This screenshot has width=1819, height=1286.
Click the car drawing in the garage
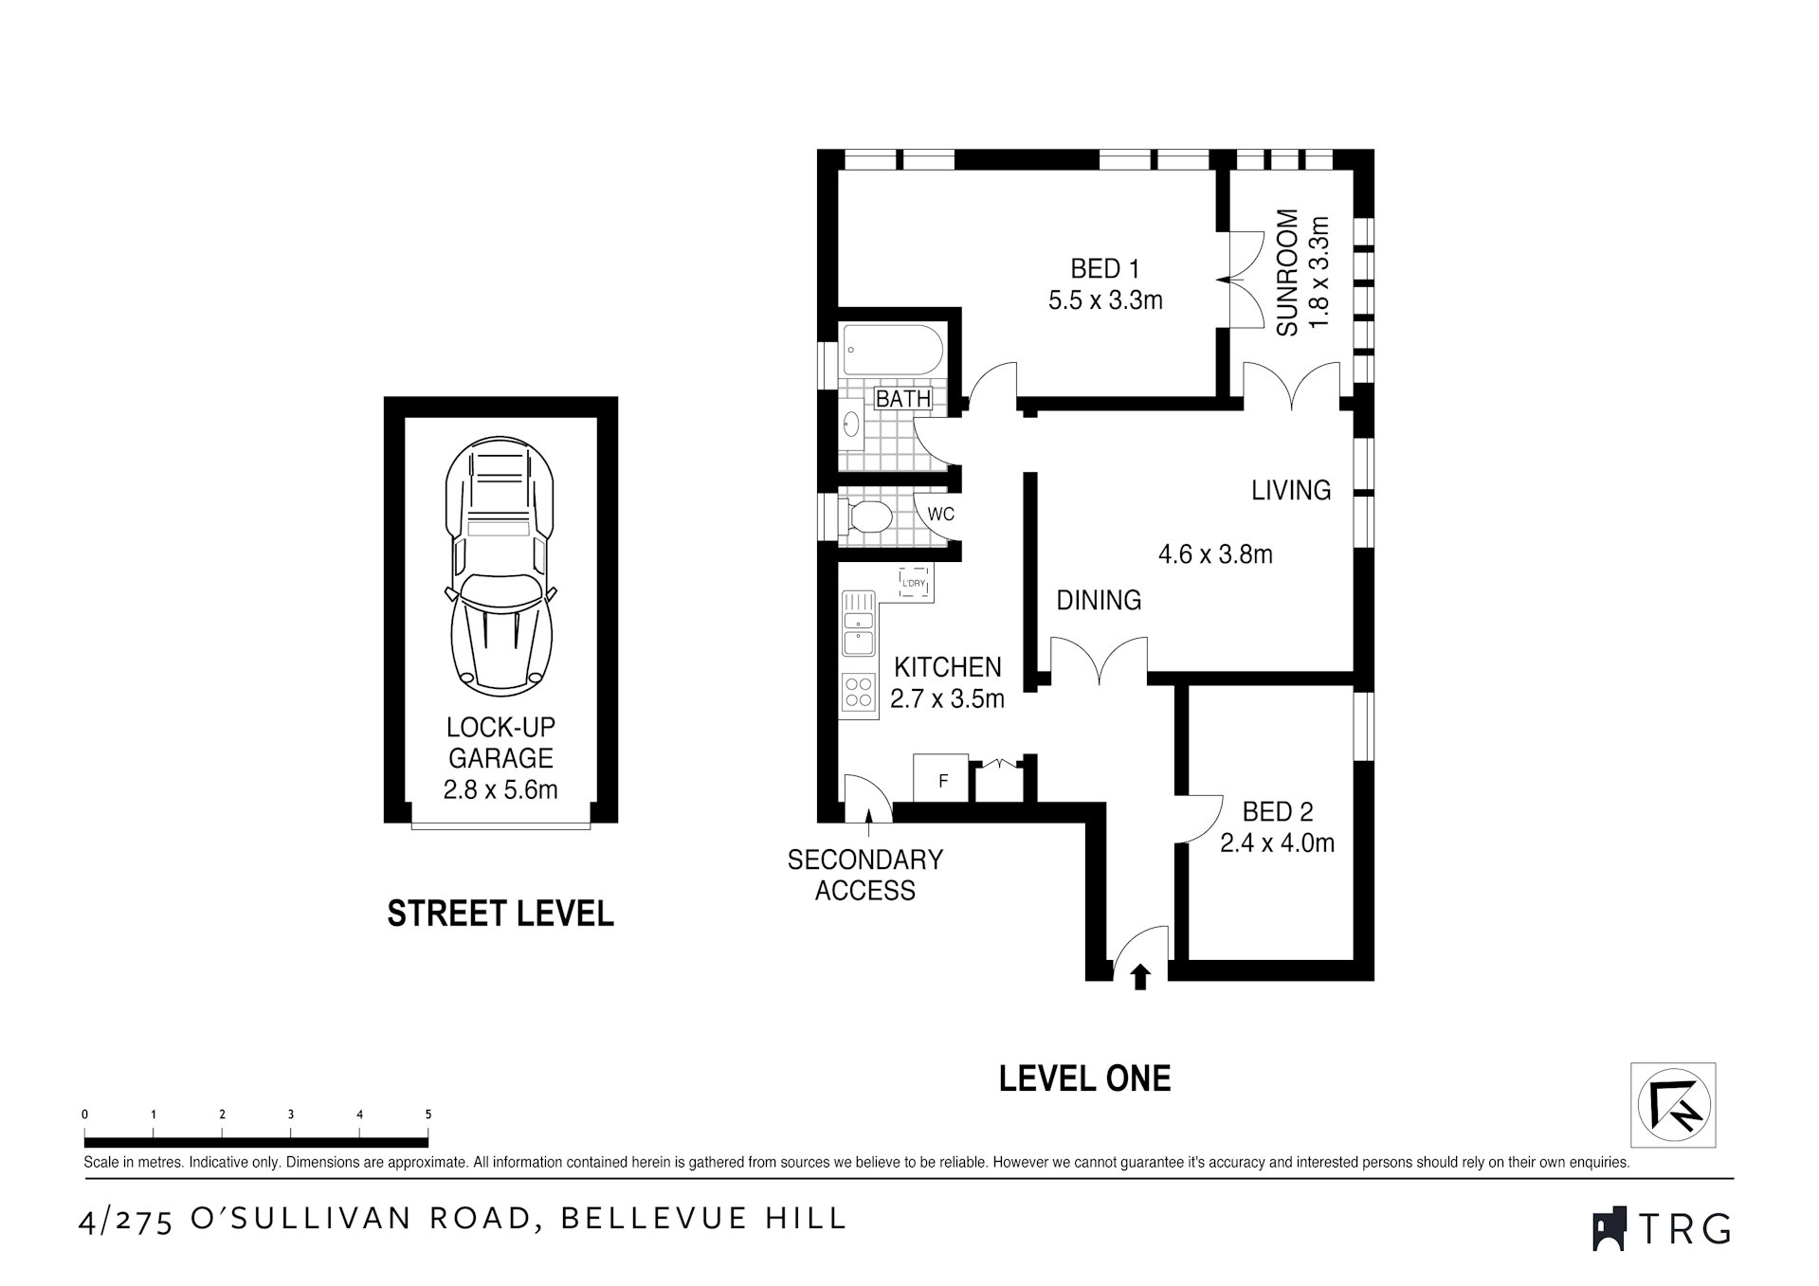500,563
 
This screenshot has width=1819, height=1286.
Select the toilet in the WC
868,517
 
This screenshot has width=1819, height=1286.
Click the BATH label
902,399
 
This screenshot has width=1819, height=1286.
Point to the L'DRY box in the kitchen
913,582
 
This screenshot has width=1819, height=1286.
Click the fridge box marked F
941,780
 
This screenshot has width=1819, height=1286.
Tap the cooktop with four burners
859,692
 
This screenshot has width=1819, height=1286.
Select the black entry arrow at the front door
1140,976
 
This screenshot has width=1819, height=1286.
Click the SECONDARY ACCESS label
864,875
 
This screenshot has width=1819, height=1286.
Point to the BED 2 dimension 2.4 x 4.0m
1277,842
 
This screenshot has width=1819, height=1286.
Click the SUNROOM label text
1286,273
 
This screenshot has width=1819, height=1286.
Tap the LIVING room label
1290,490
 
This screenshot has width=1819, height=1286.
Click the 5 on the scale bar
427,1114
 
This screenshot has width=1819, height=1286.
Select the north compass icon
1673,1105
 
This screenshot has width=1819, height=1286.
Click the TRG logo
1662,1229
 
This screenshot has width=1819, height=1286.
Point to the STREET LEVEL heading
500,914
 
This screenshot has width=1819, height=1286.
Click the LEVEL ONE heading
1084,1078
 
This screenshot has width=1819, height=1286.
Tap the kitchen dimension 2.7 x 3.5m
947,699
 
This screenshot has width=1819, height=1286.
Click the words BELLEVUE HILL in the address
703,1219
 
